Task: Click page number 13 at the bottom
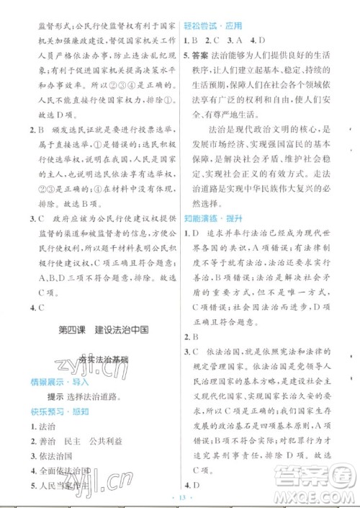[x=180, y=499]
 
